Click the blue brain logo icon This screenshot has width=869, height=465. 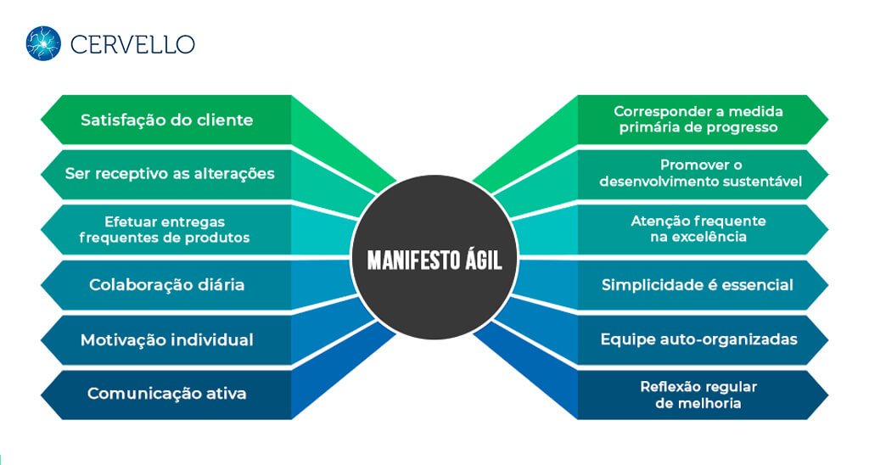[x=43, y=43]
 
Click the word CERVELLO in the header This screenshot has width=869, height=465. [x=132, y=44]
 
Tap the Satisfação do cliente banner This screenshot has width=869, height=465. [x=166, y=120]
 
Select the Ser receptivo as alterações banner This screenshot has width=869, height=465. [x=170, y=173]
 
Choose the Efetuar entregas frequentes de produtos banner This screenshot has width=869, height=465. [x=165, y=229]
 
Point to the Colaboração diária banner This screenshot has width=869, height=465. [x=166, y=284]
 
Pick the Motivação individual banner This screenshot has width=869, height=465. [x=166, y=339]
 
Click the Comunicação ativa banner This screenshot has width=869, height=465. [x=166, y=394]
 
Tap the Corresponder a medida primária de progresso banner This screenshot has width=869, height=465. [x=698, y=120]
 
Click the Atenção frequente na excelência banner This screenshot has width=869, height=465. [x=698, y=229]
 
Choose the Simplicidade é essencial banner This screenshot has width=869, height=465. [x=698, y=284]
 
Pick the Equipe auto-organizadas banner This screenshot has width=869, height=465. [x=698, y=339]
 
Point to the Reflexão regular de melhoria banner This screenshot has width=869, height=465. [x=698, y=395]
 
